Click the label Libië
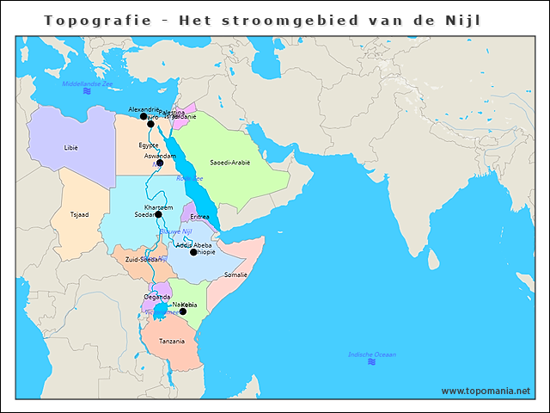click(70, 147)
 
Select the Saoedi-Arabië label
click(229, 162)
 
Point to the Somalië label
click(235, 274)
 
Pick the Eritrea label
click(199, 217)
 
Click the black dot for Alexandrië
click(144, 116)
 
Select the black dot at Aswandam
click(160, 163)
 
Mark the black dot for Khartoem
click(158, 214)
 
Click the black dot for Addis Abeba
click(193, 252)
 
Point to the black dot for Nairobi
click(182, 311)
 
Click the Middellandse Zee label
click(88, 83)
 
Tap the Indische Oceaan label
click(371, 354)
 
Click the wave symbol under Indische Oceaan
click(371, 362)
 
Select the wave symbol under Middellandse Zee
click(87, 91)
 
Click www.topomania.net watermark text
click(486, 391)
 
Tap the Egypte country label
click(149, 145)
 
